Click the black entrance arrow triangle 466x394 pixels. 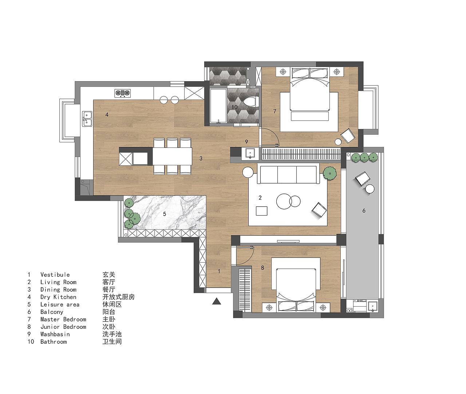coord(216,301)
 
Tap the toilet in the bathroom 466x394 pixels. coord(251,102)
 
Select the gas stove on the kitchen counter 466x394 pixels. coord(122,93)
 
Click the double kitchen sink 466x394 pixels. coord(87,119)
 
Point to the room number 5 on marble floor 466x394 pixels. coord(165,214)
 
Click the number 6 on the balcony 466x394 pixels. coord(364,210)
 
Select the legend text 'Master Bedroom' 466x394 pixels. coord(63,319)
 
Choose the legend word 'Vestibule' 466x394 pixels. coord(55,275)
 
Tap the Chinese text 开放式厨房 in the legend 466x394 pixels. coord(119,297)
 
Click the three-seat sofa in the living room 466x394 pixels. coord(288,175)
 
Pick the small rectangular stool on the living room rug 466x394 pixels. coord(261,211)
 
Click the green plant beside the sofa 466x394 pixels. coord(330,173)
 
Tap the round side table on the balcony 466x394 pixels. coord(370,189)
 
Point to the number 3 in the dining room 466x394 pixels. coord(201,158)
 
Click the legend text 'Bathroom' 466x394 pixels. coord(54,342)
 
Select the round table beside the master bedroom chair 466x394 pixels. coord(338,142)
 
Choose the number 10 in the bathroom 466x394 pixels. coord(234,107)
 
